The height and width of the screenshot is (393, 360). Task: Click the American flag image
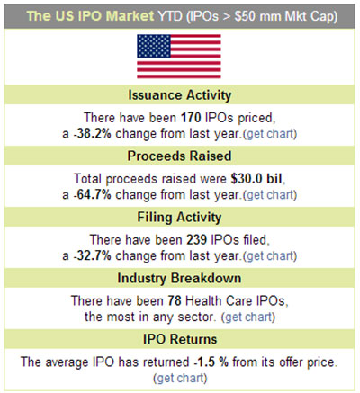point(179,57)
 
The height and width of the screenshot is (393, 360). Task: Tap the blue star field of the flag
point(154,46)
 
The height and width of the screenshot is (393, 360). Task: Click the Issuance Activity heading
point(180,95)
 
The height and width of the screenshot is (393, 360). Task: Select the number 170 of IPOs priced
point(191,118)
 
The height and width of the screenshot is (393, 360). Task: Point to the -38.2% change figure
point(93,134)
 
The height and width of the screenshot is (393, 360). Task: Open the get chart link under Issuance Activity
point(270,134)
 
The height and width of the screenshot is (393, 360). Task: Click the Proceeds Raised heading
point(179,156)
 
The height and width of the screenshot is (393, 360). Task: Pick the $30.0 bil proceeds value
point(256,179)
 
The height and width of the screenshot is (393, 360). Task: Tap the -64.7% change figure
point(93,195)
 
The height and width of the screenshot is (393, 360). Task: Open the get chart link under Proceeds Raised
point(270,195)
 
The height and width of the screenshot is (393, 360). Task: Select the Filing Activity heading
point(179,218)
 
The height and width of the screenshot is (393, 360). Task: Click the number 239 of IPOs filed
point(197,240)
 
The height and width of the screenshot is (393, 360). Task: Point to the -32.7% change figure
point(93,256)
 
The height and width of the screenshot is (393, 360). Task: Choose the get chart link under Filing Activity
point(270,256)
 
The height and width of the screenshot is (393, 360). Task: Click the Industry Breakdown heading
point(179,279)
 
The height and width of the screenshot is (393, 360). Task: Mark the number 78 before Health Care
point(175,301)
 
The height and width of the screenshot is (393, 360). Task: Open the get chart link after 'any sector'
point(248,317)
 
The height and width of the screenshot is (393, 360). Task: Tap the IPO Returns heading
point(180,340)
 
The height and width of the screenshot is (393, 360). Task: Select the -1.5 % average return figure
point(211,362)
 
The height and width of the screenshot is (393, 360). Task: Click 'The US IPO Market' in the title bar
point(90,16)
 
